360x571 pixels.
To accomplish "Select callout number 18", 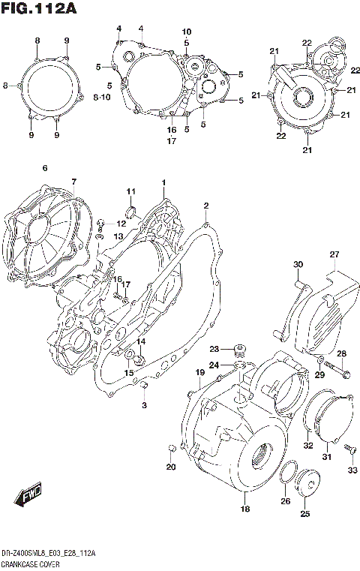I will click(244, 509).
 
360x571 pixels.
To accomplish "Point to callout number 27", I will click(334, 254).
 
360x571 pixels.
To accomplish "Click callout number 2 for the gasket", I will click(205, 205).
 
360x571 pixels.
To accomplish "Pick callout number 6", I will click(44, 168).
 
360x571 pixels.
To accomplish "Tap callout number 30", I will click(298, 264).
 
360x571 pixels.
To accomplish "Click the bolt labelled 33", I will click(349, 449).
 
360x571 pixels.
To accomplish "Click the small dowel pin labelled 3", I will click(143, 387).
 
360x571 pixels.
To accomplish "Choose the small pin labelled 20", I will click(172, 449).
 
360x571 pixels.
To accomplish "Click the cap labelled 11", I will click(133, 210).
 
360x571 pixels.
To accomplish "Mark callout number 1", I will click(163, 183).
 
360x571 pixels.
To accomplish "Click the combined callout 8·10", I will click(102, 98).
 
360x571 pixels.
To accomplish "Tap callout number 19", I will click(200, 373).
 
